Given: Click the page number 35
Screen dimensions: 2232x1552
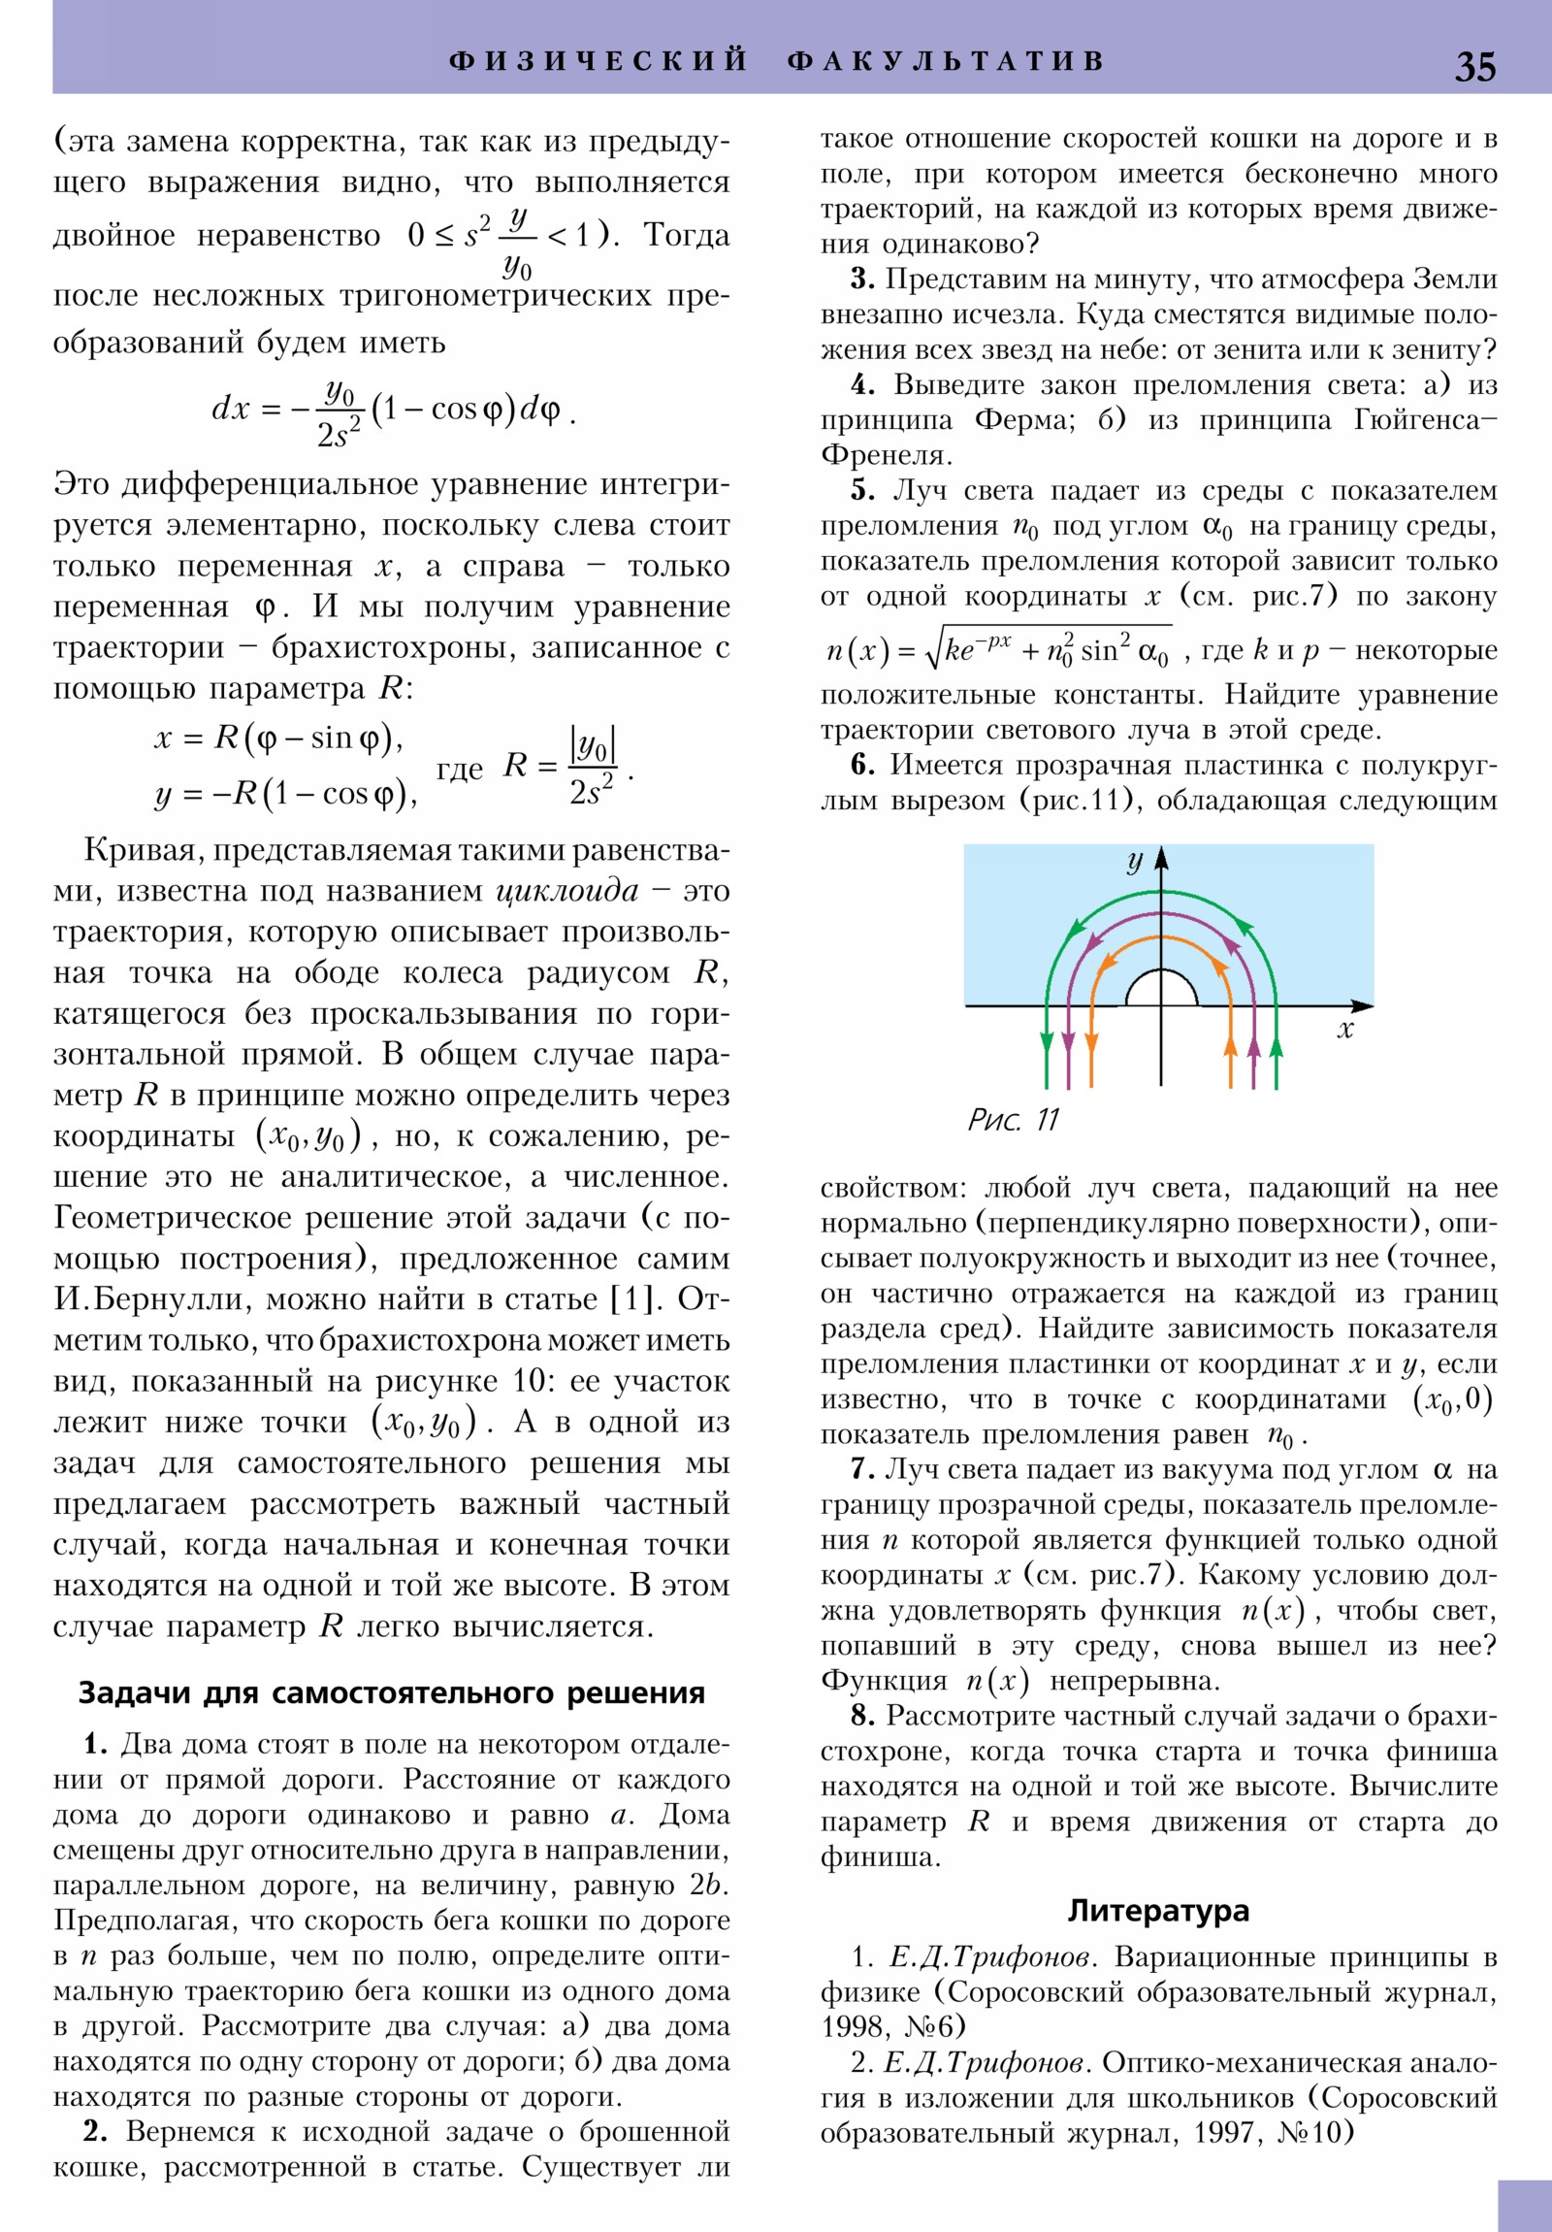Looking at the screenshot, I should tap(1474, 66).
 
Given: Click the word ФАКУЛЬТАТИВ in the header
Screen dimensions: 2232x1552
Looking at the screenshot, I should tap(946, 60).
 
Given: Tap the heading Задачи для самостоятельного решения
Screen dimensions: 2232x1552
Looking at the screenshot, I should tap(391, 1692).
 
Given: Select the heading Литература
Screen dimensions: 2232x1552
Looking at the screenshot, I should tap(1158, 1910).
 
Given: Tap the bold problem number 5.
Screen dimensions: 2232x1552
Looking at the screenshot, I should tap(862, 490).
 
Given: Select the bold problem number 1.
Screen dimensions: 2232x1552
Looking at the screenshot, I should tap(94, 1744).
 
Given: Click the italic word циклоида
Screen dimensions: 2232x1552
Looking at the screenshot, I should tap(567, 891).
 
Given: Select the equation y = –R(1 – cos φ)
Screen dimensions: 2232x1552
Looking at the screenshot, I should tap(286, 794).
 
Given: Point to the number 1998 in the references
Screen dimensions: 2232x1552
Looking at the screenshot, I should tap(853, 2026).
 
